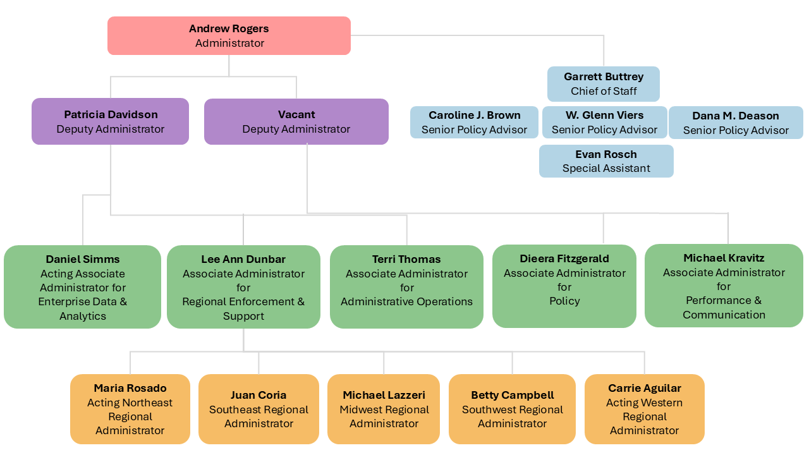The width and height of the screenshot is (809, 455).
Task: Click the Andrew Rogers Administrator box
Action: click(229, 36)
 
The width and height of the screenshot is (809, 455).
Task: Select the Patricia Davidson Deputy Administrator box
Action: click(111, 121)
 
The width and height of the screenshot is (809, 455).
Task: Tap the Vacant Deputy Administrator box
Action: click(296, 121)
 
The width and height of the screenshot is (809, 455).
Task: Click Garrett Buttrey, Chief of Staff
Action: click(603, 84)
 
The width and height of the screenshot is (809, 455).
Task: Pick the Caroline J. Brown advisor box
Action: click(474, 122)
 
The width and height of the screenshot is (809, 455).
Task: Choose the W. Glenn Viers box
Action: click(604, 122)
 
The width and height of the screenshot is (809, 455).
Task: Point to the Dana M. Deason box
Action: click(736, 123)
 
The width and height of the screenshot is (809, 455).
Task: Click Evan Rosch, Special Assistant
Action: click(606, 161)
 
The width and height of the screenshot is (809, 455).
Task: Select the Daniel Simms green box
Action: click(83, 287)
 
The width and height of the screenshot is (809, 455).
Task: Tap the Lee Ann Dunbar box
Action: click(243, 287)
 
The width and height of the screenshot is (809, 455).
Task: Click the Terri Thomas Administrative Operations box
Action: click(406, 287)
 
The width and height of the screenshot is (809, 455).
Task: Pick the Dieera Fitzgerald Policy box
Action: click(564, 286)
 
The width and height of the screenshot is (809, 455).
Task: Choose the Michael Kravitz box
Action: click(724, 286)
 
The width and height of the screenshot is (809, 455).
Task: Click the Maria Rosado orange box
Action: click(130, 409)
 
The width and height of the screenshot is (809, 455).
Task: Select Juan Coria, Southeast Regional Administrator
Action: click(259, 409)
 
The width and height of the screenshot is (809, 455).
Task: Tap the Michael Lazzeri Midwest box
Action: click(384, 409)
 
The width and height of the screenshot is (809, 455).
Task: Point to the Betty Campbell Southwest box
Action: click(512, 409)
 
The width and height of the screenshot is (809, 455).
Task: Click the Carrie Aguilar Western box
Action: click(644, 409)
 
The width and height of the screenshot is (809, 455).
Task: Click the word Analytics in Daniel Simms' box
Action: click(83, 316)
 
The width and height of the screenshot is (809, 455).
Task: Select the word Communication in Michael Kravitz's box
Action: click(724, 315)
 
